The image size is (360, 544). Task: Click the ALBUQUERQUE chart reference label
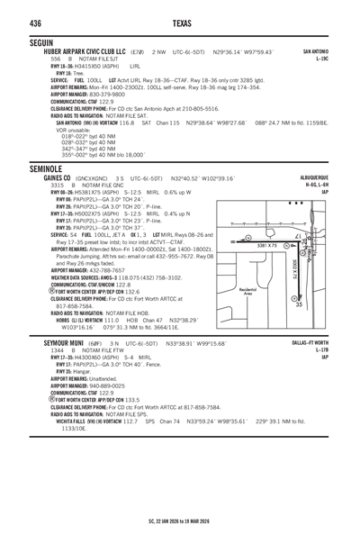(x=323, y=181)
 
